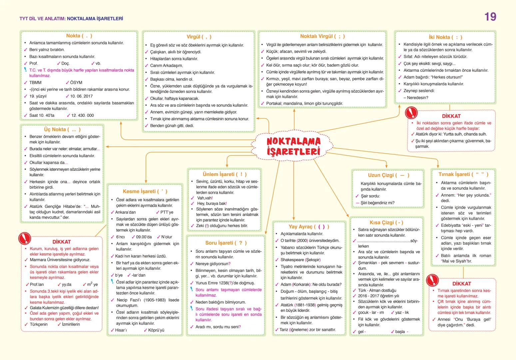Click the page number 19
pos(490,17)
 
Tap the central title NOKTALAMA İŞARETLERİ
pos(293,146)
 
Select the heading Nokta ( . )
pos(79,36)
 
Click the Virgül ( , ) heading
pos(199,37)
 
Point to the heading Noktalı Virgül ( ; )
pos(322,36)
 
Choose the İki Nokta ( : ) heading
pos(445,37)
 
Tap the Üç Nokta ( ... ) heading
pos(62,129)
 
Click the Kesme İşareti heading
pos(145,191)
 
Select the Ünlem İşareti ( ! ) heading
pos(225,174)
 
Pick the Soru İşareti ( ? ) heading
pos(226,243)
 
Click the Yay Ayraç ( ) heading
pos(308,227)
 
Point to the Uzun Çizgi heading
pos(388,175)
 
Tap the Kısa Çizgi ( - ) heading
pos(386,222)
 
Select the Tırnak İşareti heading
pos(463,174)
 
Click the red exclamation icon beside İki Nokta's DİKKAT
pos(411,113)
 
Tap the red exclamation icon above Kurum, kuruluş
pos(24,238)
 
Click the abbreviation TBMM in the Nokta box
pos(35,82)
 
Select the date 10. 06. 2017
pos(81,96)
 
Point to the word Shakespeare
pos(292,260)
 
